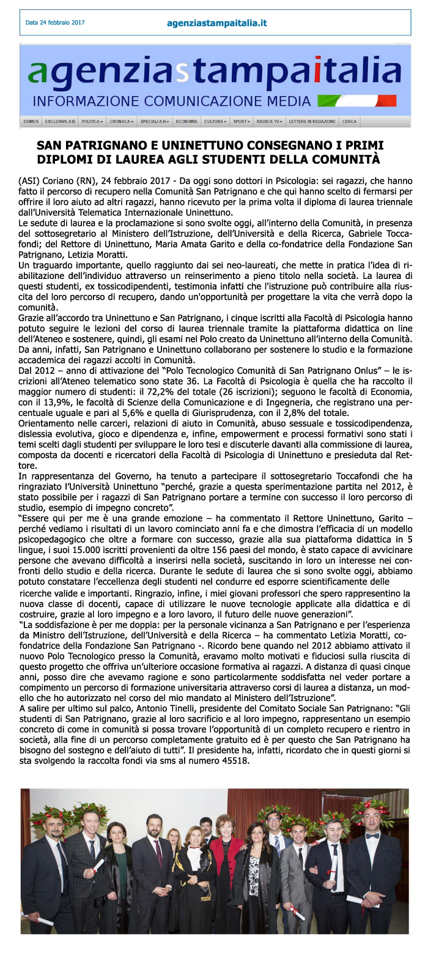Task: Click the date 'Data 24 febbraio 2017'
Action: (x=55, y=23)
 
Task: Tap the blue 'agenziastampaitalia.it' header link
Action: (x=216, y=23)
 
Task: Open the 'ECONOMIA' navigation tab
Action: (x=186, y=122)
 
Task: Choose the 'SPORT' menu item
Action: (x=242, y=122)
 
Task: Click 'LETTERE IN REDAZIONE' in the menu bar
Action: (x=312, y=122)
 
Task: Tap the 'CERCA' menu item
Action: (x=350, y=122)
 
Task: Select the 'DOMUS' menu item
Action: (x=31, y=122)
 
